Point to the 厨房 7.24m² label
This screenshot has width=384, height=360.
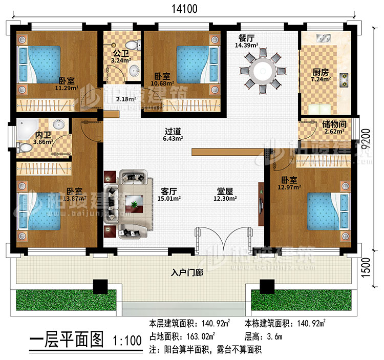pos(322,76)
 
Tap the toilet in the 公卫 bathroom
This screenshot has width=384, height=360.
pos(133,46)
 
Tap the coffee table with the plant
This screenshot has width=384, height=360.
pos(134,205)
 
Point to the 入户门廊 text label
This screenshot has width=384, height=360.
pos(187,273)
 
